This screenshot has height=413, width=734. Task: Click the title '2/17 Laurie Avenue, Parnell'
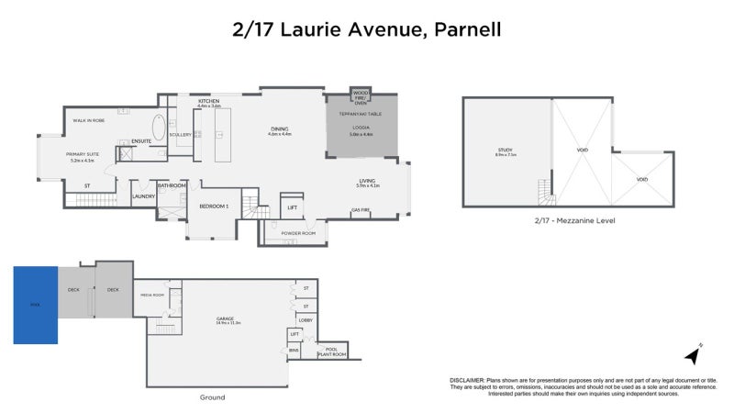tap(366, 29)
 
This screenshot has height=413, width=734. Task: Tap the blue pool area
tap(35, 305)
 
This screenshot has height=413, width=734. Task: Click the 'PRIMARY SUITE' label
tap(81, 153)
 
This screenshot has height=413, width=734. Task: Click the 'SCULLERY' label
tap(180, 135)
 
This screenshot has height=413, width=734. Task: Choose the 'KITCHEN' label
tap(209, 102)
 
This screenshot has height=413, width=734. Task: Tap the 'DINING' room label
tap(279, 128)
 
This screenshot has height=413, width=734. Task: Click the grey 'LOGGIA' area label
tap(361, 128)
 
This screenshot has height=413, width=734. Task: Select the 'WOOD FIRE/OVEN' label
tap(361, 95)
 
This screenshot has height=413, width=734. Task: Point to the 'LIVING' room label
tap(367, 184)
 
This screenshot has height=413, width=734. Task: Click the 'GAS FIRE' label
tap(361, 210)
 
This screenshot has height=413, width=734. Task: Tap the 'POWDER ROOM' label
tap(297, 233)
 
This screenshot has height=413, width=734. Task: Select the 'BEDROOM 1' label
tap(214, 206)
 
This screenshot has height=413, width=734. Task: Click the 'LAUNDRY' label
tap(143, 195)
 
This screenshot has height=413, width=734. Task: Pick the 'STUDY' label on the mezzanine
tap(506, 150)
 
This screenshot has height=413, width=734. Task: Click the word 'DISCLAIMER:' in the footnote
tap(467, 380)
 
